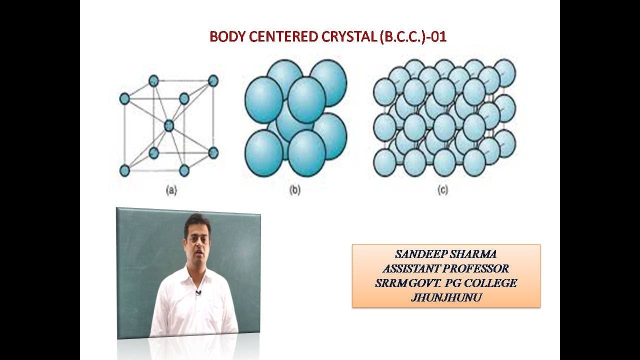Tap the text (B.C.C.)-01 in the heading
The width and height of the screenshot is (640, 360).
click(413, 37)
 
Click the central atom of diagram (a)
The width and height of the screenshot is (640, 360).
click(169, 125)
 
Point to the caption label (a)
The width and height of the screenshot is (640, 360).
click(171, 190)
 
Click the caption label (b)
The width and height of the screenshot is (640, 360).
click(295, 190)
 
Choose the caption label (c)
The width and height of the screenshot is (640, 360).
click(442, 190)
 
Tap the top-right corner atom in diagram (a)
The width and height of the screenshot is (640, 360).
click(213, 80)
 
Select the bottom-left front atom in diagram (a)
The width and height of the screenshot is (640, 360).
click(124, 170)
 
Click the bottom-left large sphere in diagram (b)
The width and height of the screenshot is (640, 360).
click(263, 152)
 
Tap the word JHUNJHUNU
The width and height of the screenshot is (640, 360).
click(446, 298)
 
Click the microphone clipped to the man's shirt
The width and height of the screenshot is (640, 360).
click(198, 292)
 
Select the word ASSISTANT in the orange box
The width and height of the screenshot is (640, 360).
click(411, 269)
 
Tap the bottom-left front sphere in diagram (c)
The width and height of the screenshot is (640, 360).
click(385, 163)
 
